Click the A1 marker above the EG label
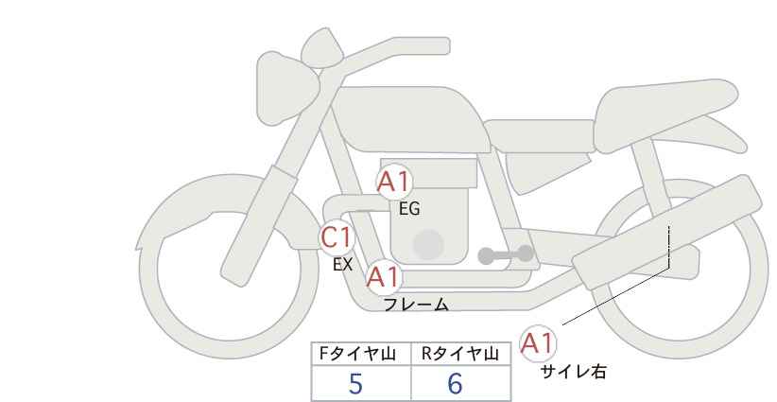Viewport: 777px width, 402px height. [394, 183]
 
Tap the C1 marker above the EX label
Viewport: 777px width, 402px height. [337, 236]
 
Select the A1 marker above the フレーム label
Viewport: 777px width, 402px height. [383, 277]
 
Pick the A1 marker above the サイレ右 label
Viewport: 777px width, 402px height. [538, 343]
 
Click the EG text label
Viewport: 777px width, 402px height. [409, 209]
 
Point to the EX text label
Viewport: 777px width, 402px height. [342, 265]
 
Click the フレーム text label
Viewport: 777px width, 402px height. [416, 305]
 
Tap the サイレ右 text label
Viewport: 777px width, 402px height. [573, 372]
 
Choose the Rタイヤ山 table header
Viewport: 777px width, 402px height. [459, 354]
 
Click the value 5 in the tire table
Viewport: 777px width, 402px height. [355, 384]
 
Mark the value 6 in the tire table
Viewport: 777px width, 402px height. [455, 384]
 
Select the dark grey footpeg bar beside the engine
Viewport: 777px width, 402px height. [505, 254]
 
